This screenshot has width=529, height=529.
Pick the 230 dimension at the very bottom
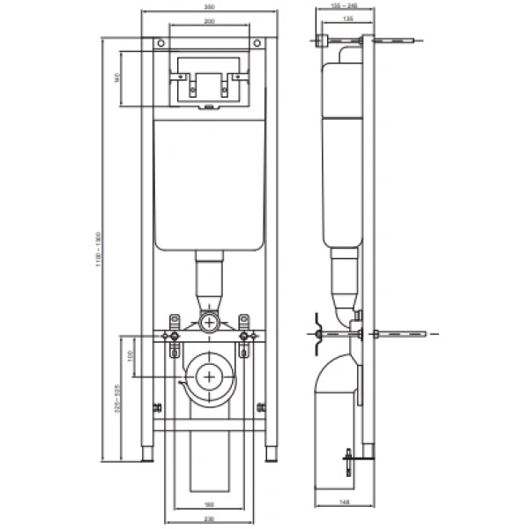click(208, 519)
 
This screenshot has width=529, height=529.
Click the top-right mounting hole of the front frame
click(258, 43)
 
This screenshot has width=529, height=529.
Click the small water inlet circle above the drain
click(208, 322)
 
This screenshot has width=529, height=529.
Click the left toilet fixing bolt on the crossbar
click(174, 336)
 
